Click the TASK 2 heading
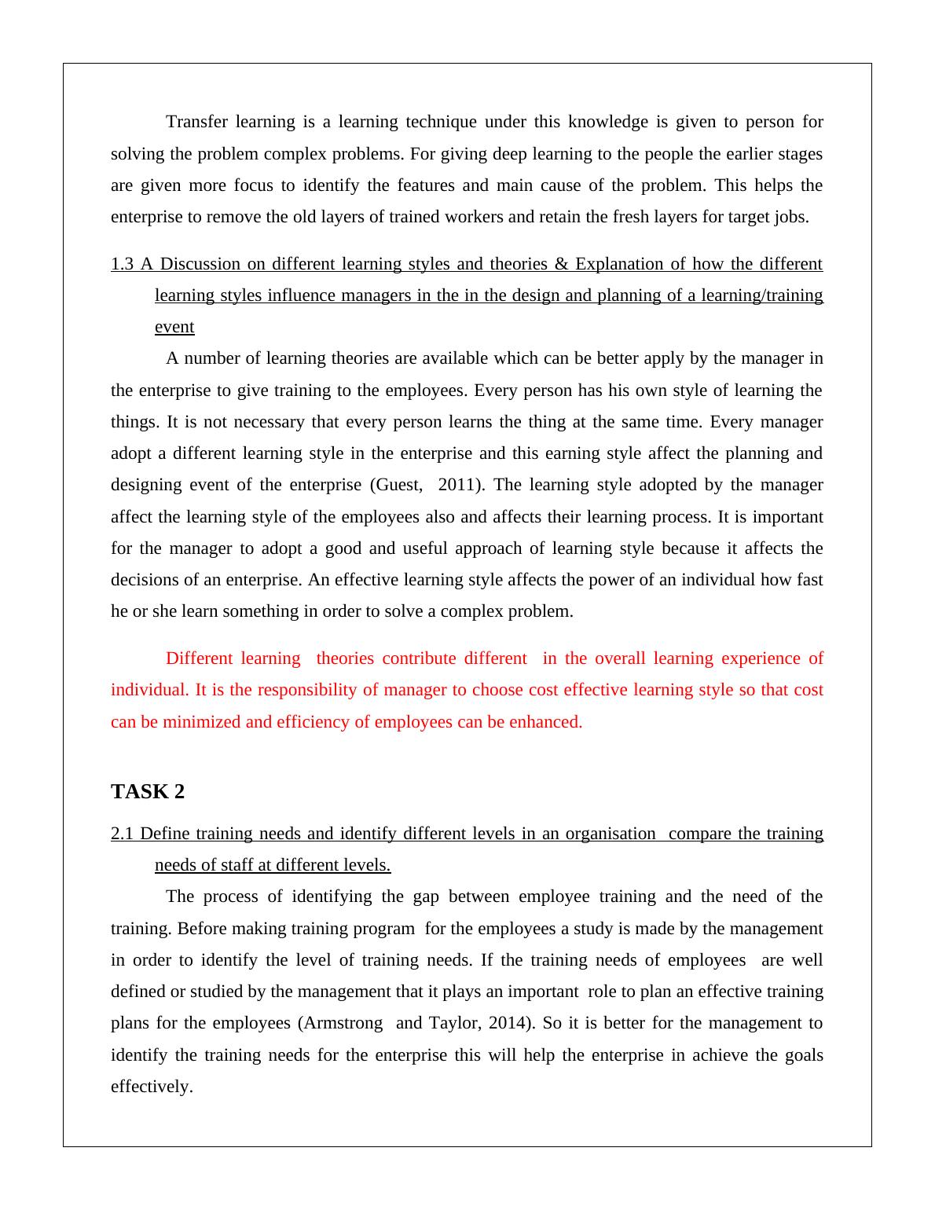point(148,792)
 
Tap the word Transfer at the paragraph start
point(196,122)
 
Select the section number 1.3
point(122,264)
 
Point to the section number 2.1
point(122,834)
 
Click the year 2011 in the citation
point(458,485)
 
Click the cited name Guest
point(398,485)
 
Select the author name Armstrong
point(343,1023)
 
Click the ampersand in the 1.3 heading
point(561,264)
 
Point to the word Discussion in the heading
point(199,264)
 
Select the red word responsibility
point(312,690)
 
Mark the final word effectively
point(152,1087)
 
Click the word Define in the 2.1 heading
point(165,834)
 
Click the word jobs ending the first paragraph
point(791,217)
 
